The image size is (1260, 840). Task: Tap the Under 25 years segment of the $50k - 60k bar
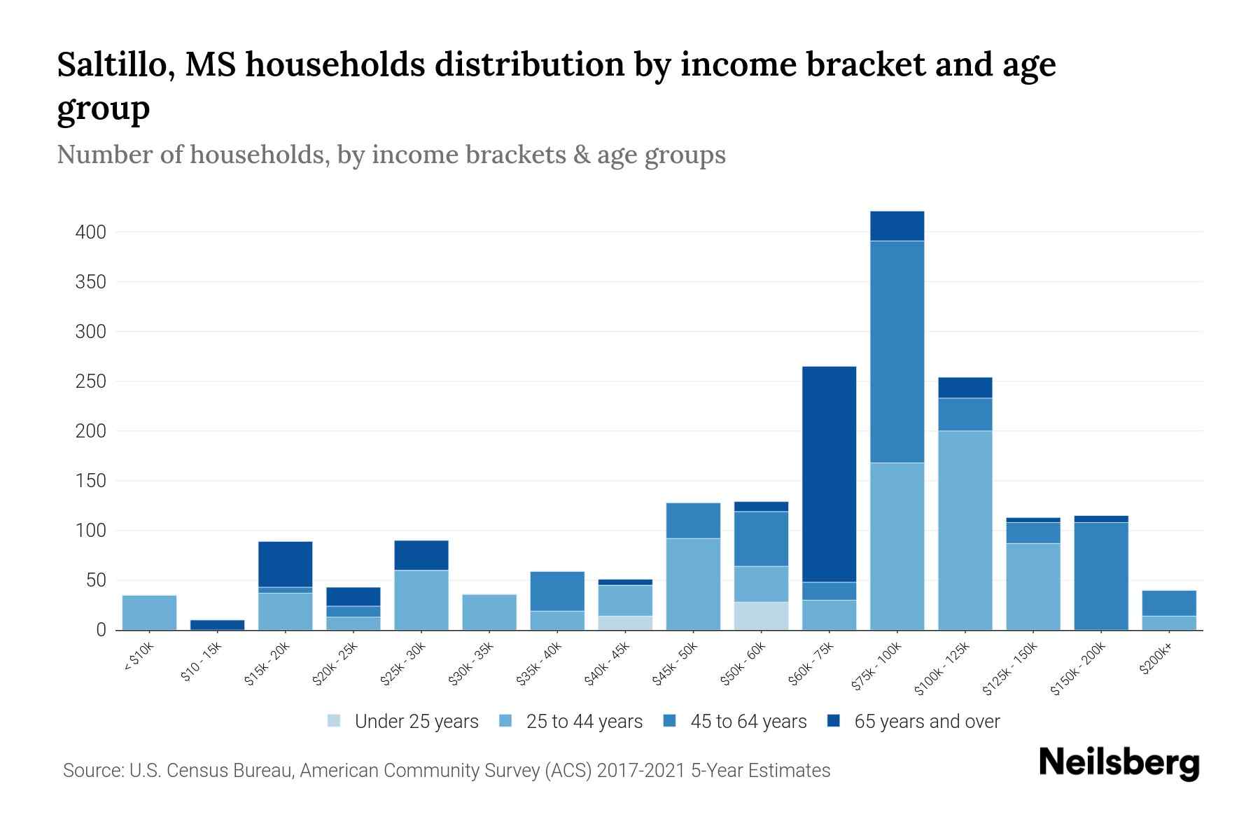tap(761, 616)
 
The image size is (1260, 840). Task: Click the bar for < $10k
tap(149, 612)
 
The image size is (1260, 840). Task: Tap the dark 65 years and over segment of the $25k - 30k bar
tap(421, 555)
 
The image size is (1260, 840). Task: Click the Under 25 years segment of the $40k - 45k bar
tap(625, 623)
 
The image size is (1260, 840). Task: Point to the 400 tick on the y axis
tap(90, 232)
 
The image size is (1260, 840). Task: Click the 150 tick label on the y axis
tap(90, 481)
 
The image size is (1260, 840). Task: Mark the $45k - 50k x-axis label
tap(674, 666)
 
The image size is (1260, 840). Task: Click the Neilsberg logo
tap(1119, 764)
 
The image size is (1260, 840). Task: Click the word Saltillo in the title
tap(115, 65)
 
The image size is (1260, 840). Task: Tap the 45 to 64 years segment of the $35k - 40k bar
tap(557, 591)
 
